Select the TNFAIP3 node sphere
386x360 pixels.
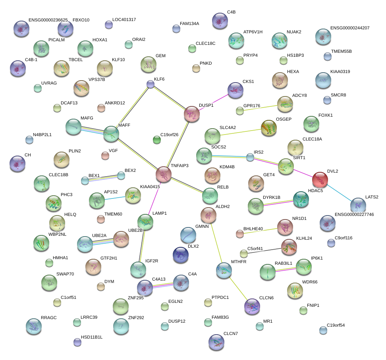(163, 174)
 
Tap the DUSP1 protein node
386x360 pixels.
(192, 114)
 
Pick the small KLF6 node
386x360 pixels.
(150, 84)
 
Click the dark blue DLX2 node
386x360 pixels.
(181, 255)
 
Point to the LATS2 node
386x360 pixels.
(358, 206)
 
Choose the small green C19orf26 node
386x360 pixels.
(157, 139)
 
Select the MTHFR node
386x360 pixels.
(224, 270)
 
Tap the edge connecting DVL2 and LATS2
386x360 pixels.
(339, 193)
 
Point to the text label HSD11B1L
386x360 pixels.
(91, 337)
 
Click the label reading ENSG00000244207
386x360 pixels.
(350, 28)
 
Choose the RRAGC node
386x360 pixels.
(33, 326)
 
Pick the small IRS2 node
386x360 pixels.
(250, 158)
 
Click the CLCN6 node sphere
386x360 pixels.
(252, 306)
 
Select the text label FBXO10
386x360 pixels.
(81, 20)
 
